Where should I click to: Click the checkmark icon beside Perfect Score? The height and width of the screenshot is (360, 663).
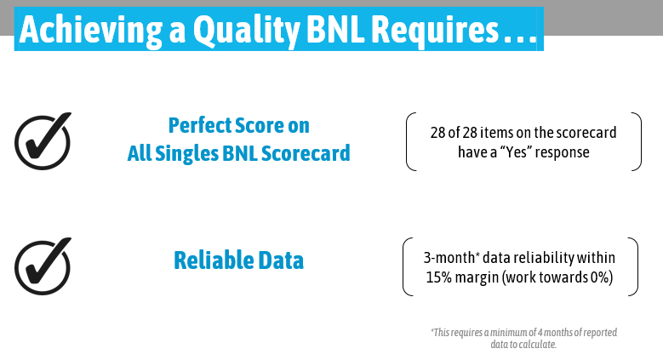pos(43,141)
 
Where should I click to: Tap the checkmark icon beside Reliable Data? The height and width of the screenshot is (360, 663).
pos(43,266)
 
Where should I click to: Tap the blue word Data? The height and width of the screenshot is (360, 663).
pos(281,260)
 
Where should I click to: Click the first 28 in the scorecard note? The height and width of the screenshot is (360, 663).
pos(438,133)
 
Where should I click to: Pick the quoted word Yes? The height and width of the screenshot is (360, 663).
pos(517,151)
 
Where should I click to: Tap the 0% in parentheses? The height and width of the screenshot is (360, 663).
pos(599,277)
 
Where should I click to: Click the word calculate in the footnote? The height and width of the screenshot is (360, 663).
pos(538,345)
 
